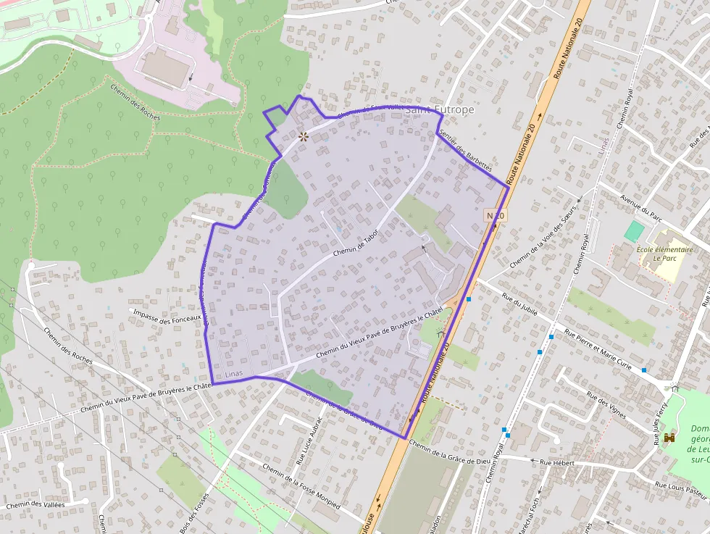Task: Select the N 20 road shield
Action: point(495,216)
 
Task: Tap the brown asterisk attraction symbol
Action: point(304,135)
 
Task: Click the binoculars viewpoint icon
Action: point(669,438)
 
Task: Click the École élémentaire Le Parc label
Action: point(665,254)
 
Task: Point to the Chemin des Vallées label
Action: point(35,505)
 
